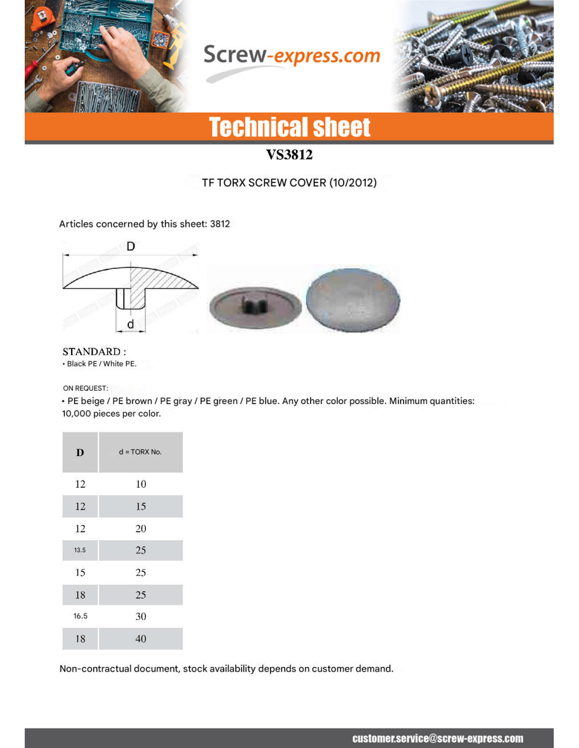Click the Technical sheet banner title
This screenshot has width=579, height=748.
click(x=289, y=127)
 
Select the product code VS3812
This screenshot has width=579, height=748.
click(x=289, y=155)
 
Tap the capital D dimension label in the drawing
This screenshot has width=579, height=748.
click(x=131, y=246)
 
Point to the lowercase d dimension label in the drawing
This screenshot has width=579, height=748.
click(x=131, y=324)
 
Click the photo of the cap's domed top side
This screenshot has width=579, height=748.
click(x=353, y=300)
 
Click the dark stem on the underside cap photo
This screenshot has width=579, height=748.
click(x=254, y=304)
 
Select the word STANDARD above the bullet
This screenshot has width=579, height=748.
click(x=92, y=351)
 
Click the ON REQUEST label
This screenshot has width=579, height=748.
click(x=85, y=388)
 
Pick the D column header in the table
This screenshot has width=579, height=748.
click(x=80, y=452)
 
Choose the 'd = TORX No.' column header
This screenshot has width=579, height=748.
click(x=140, y=452)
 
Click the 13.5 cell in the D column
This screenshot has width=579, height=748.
click(x=80, y=550)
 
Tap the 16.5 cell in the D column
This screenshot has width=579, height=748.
click(x=81, y=616)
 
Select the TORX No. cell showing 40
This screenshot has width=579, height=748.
click(x=141, y=639)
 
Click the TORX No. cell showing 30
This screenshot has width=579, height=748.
click(x=141, y=616)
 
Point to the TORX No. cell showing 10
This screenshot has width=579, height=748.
click(x=141, y=484)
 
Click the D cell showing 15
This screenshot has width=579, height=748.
click(x=80, y=572)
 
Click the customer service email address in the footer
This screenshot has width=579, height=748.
click(x=437, y=739)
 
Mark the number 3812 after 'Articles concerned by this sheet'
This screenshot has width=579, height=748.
click(x=220, y=224)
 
